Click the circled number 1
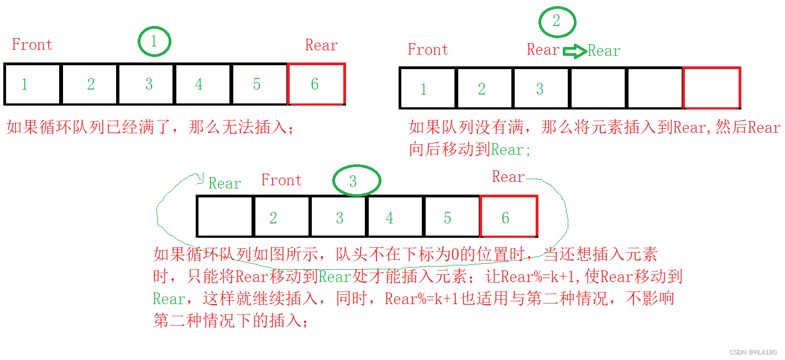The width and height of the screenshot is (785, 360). pos(154,42)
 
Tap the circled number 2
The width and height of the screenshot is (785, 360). pos(557,22)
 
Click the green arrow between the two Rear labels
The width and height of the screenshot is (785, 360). pos(575,51)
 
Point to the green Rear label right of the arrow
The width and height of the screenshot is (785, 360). pos(604,51)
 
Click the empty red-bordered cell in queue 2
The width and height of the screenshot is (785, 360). pos(711,88)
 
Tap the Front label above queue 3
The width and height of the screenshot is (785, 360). pos(281,180)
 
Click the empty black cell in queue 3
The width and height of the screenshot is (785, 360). pos(225,216)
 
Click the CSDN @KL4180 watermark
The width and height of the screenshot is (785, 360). pos(753,352)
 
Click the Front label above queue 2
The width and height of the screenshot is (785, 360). pos(428,50)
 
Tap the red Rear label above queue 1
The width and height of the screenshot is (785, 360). pos(321,45)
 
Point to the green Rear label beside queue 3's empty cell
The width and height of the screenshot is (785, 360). pos(224,184)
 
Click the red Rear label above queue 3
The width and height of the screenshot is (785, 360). pos(508,177)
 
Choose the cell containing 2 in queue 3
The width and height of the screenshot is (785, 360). pos(281,216)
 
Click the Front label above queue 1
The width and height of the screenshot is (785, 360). pos(32,44)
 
